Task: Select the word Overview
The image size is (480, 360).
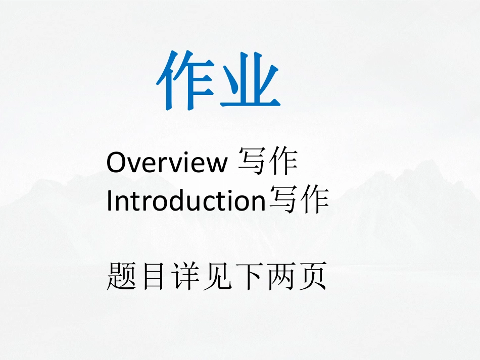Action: (x=166, y=163)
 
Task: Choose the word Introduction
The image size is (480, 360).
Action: (x=186, y=201)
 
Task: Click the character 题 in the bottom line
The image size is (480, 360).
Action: (x=121, y=277)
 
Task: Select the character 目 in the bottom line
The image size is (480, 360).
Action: (x=153, y=277)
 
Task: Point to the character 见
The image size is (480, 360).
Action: (x=216, y=277)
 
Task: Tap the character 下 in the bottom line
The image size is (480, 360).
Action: (x=248, y=277)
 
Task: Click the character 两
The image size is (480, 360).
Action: (x=279, y=277)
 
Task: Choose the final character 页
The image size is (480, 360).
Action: (x=311, y=277)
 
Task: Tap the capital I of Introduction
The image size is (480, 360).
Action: (x=110, y=201)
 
